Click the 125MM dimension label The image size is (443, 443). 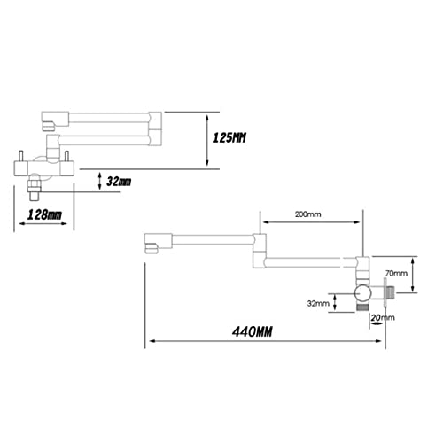(229, 138)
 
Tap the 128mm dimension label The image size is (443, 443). (44, 214)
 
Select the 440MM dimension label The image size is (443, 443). (252, 331)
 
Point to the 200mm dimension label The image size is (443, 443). (307, 214)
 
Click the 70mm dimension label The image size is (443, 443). (396, 274)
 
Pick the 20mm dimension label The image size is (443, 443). (383, 318)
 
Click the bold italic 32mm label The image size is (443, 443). (119, 182)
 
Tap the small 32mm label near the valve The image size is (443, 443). (318, 303)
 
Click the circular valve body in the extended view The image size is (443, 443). (362, 293)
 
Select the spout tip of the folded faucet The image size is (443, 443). (49, 126)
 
